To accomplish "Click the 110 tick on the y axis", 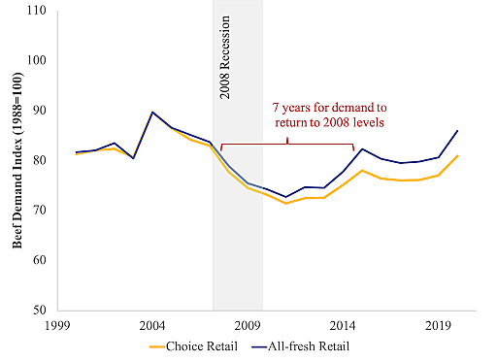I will tap(42, 11).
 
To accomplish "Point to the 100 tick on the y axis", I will tap(42, 60).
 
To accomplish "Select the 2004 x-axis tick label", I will tap(153, 324).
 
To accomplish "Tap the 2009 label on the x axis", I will tap(249, 324).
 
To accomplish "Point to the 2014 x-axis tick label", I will tap(345, 324).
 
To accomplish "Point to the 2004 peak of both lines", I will tap(153, 113).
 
